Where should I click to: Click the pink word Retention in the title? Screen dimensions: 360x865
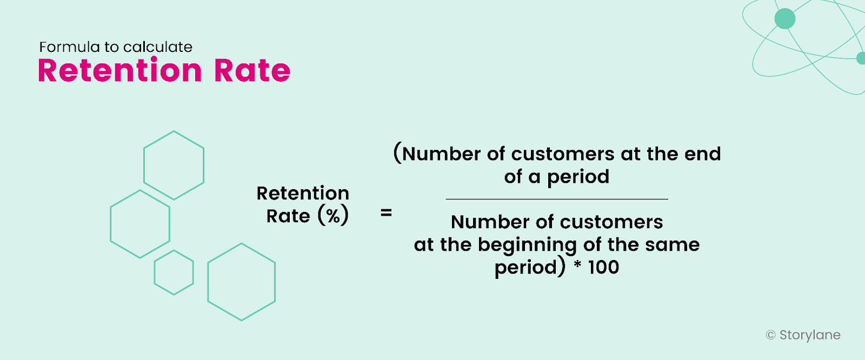click(119, 71)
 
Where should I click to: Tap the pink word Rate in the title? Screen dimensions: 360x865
click(252, 71)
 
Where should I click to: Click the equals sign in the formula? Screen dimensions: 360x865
click(386, 213)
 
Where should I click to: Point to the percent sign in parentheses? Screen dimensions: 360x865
click(333, 216)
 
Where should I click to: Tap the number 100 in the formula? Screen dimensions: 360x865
click(603, 267)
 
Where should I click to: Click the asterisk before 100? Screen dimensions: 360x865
click(577, 265)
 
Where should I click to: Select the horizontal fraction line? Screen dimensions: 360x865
click(557, 199)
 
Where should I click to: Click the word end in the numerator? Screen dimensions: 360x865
click(702, 154)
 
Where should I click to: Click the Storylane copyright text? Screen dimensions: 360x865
click(803, 335)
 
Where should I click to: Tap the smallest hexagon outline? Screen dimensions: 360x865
click(174, 272)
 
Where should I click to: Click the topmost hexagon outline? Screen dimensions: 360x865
click(174, 165)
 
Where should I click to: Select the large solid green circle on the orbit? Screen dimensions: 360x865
click(785, 18)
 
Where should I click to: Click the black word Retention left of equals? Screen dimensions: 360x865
click(303, 193)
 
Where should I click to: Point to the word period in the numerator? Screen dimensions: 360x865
click(578, 177)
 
